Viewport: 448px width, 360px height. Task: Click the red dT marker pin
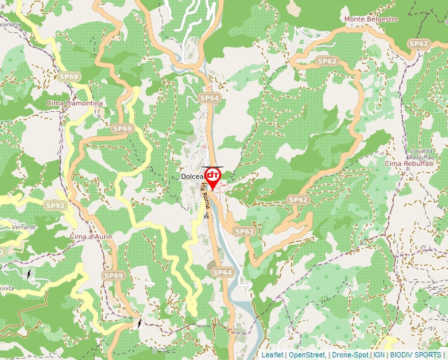(213, 176)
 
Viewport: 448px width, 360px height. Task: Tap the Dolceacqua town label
(192, 176)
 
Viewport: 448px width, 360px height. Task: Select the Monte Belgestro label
(371, 19)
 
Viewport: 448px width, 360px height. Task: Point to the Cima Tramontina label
(75, 103)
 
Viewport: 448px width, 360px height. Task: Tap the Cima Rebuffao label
(409, 163)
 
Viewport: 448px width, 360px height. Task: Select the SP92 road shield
(56, 206)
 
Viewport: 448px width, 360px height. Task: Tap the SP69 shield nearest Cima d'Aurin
(113, 275)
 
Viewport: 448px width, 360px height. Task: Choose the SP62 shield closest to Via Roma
(244, 232)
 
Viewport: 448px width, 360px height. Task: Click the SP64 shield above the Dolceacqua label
(209, 98)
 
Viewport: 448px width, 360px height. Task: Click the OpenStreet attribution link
(307, 355)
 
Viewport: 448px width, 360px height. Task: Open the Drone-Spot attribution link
(349, 355)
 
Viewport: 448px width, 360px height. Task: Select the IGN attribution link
(379, 355)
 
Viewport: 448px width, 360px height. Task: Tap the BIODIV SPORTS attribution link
(415, 355)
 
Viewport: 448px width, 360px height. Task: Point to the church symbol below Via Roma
(206, 216)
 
